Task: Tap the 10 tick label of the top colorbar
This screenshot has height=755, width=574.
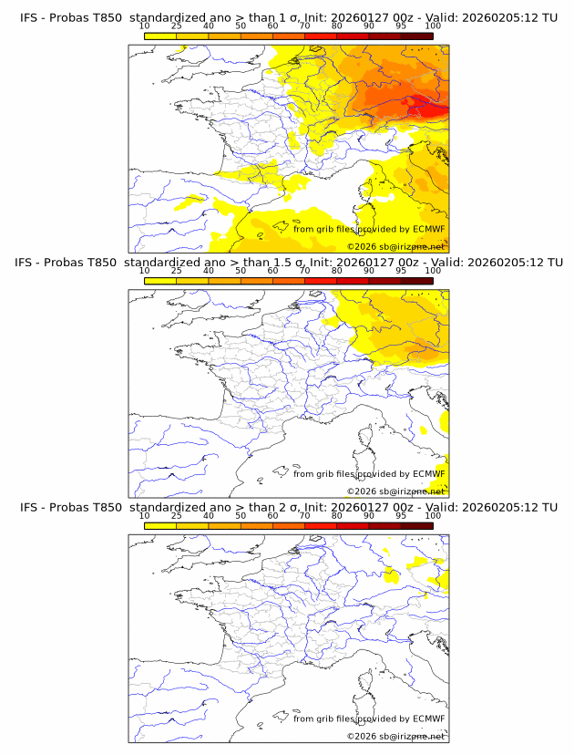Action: point(145,26)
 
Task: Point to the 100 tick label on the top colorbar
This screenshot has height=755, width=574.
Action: point(433,26)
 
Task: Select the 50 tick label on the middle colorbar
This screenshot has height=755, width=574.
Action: point(241,271)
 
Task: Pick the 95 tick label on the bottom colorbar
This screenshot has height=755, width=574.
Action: point(401,515)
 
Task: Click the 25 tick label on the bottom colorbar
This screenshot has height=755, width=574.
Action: point(177,515)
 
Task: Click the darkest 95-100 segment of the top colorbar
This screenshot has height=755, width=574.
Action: point(416,36)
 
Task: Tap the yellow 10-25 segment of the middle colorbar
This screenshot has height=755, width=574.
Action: point(160,281)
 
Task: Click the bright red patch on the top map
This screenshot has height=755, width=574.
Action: point(428,108)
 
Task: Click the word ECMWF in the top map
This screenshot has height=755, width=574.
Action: point(428,229)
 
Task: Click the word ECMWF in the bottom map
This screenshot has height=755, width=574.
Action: point(428,719)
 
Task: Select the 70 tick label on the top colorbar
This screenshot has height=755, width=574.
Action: point(304,26)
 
